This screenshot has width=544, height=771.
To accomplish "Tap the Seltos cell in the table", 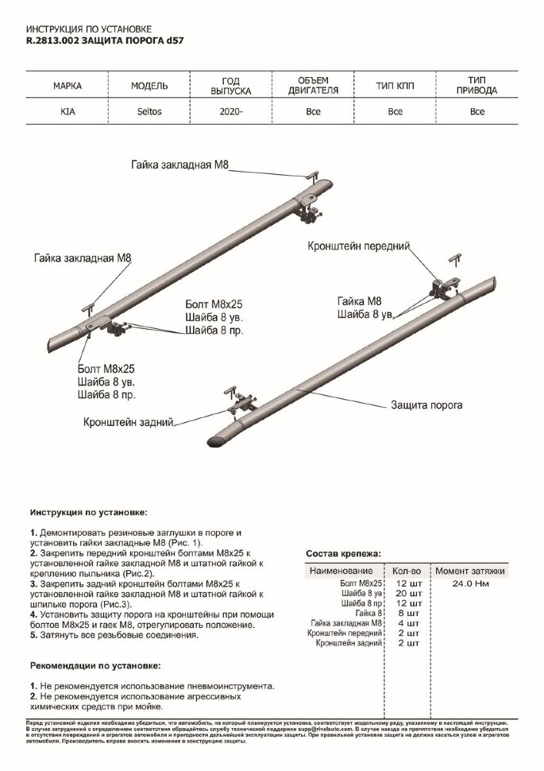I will click(x=148, y=112).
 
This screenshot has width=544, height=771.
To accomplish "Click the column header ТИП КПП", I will click(x=395, y=86).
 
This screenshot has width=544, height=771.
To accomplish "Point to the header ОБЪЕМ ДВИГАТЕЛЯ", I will click(x=313, y=86).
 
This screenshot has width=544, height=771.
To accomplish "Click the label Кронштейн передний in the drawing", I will click(x=358, y=247).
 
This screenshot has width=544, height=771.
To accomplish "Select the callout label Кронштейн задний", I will click(x=128, y=423).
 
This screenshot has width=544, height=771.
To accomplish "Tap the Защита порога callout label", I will click(x=426, y=405).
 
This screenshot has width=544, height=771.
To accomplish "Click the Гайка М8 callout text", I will click(x=359, y=301).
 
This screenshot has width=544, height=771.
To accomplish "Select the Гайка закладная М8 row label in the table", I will click(x=348, y=623).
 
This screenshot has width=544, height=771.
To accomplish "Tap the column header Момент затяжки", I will click(x=470, y=571).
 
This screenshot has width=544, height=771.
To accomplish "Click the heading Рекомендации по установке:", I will click(x=95, y=664).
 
